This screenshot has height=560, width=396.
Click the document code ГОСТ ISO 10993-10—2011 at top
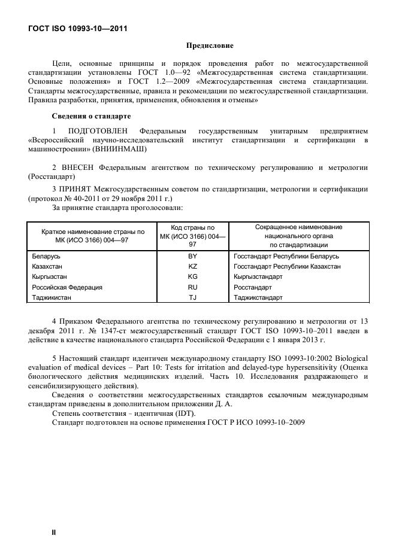[78, 28]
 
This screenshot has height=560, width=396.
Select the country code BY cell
[192, 256]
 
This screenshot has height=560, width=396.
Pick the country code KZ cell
[192, 266]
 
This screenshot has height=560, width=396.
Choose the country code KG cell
[192, 276]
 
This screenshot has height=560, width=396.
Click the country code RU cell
[192, 287]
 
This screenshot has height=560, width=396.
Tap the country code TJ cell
[192, 297]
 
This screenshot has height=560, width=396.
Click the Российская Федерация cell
[66, 287]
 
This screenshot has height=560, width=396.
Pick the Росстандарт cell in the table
[252, 287]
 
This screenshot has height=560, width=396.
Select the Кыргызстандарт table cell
[258, 276]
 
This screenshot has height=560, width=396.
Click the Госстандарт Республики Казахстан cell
[287, 266]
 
